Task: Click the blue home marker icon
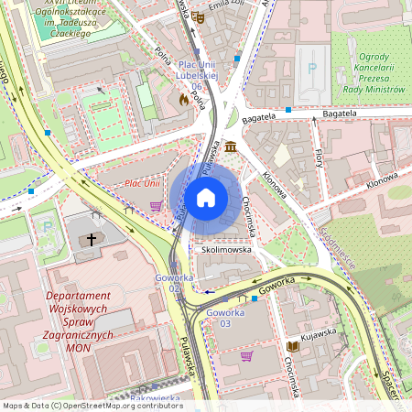[206, 197]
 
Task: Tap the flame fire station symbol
[183, 98]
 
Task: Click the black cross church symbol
[92, 240]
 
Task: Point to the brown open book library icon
[293, 346]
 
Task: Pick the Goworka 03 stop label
[225, 318]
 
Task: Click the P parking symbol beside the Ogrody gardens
[313, 68]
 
